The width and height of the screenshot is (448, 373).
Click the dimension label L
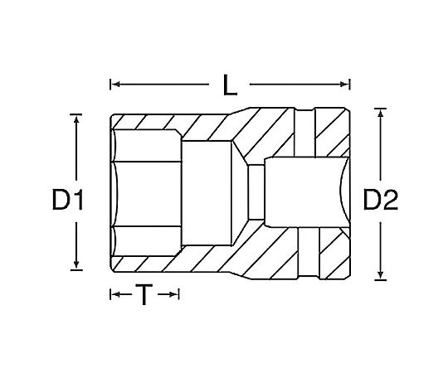pos(230,85)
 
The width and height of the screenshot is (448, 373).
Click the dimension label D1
pos(68,200)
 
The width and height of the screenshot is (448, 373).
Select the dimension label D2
pos(380,200)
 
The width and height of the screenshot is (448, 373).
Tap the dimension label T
pos(144,294)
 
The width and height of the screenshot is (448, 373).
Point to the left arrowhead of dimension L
pos(115,85)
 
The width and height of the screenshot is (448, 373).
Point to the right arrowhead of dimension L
pos(344,85)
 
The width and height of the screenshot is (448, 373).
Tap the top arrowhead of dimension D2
pos(380,113)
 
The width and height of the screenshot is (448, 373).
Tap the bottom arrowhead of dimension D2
pos(380,275)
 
